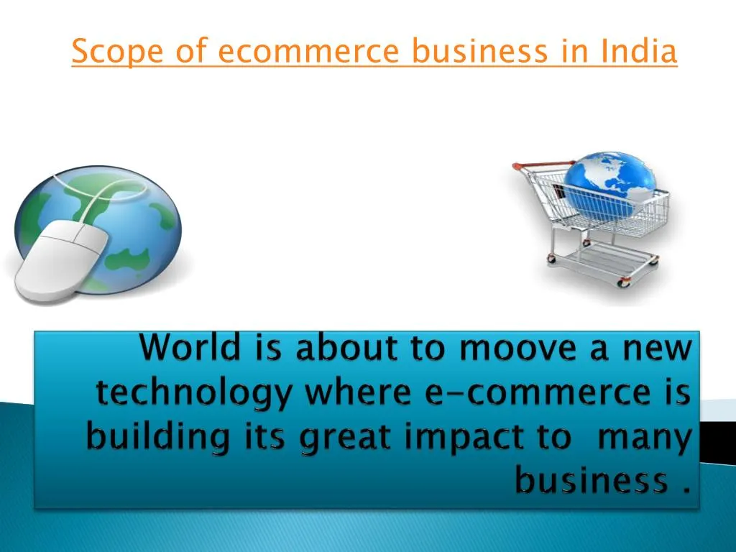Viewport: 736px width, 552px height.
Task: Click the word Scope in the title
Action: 106,52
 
